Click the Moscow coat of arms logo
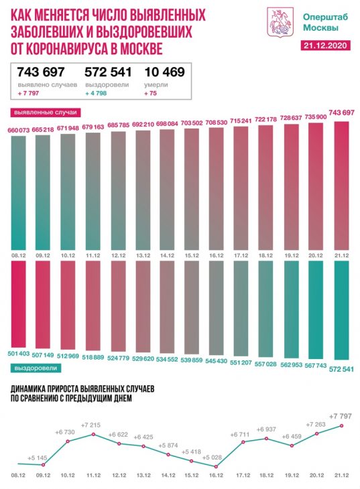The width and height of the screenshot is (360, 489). pyautogui.click(x=280, y=22)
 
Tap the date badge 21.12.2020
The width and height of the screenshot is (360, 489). pyautogui.click(x=325, y=46)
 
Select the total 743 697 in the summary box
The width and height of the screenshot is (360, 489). pyautogui.click(x=41, y=72)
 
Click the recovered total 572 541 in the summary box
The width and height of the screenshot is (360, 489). pyautogui.click(x=108, y=72)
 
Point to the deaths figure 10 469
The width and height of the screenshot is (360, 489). pyautogui.click(x=164, y=72)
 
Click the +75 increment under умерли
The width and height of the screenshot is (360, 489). pyautogui.click(x=150, y=93)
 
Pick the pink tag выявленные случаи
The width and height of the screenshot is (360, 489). pyautogui.click(x=46, y=113)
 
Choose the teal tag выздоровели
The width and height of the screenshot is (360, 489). pyautogui.click(x=36, y=368)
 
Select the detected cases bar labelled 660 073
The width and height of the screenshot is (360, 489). pyautogui.click(x=18, y=193)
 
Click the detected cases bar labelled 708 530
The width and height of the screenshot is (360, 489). pyautogui.click(x=216, y=189)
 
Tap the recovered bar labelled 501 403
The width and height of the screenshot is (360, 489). pyautogui.click(x=18, y=303)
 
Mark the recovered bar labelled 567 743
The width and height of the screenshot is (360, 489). pyautogui.click(x=316, y=310)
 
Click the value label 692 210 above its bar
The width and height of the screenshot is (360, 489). pyautogui.click(x=143, y=124)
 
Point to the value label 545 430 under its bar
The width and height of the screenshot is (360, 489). pyautogui.click(x=216, y=360)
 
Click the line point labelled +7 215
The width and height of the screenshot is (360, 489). pyautogui.click(x=93, y=434)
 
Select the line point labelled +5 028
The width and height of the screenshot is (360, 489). pyautogui.click(x=216, y=466)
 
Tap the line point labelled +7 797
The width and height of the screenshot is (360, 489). pyautogui.click(x=341, y=425)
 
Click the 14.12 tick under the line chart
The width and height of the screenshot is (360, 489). pyautogui.click(x=168, y=476)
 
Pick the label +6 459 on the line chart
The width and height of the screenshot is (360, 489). pyautogui.click(x=292, y=436)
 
